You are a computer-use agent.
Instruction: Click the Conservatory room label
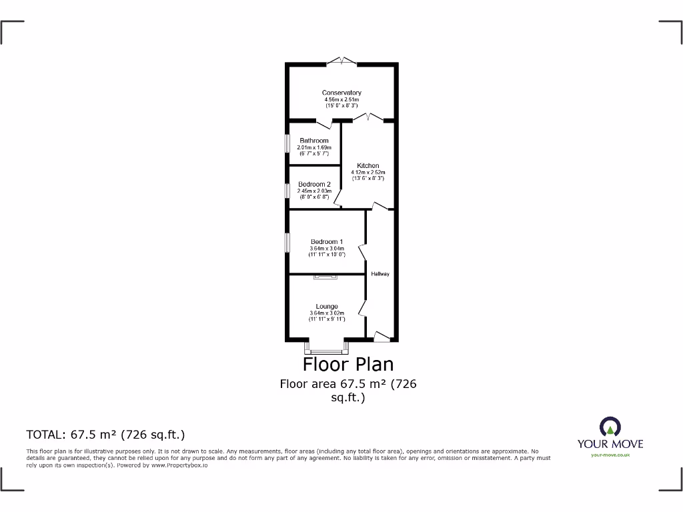coord(341,93)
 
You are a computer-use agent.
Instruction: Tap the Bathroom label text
coord(313,141)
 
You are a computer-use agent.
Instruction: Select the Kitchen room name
coord(368,165)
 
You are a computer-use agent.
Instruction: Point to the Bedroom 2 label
coord(314,184)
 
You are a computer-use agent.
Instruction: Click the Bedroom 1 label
coord(327,241)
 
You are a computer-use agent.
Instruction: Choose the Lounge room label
coord(327,307)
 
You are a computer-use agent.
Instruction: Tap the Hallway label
coord(381,274)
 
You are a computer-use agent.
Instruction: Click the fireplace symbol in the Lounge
coord(327,276)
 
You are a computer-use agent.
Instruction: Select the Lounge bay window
coord(327,348)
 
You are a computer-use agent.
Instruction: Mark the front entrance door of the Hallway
coord(381,337)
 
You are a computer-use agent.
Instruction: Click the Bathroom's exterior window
coord(288,143)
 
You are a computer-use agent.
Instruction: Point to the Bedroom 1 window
coord(288,242)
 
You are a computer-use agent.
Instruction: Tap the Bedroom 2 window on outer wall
coord(288,190)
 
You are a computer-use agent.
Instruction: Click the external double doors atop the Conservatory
coord(341,62)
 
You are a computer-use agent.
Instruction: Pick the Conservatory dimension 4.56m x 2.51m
coord(341,99)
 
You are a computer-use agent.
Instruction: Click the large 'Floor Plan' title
coord(348,364)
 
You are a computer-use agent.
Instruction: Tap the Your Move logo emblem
coord(610,427)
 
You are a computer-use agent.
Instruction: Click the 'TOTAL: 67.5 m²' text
coord(105,435)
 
